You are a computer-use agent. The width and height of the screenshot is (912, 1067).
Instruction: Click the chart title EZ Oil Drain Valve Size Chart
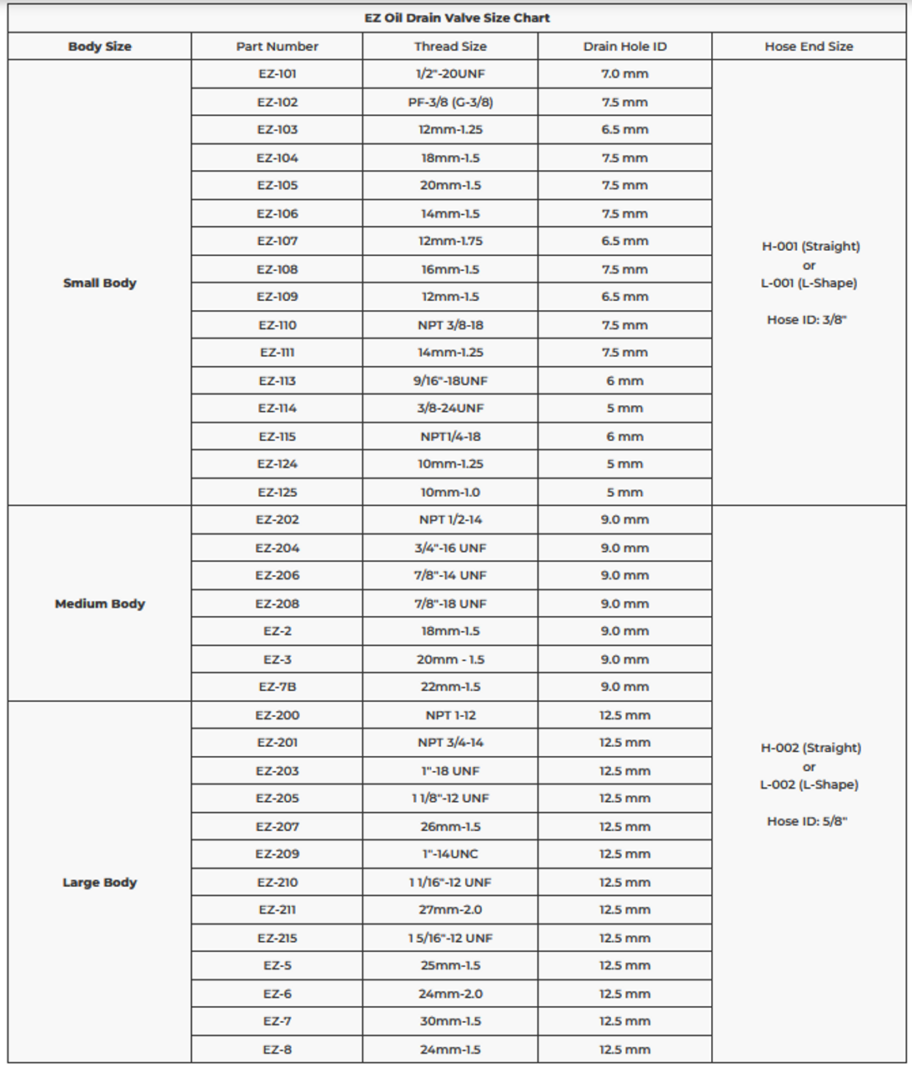457,18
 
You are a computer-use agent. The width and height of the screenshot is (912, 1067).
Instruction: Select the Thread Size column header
450,47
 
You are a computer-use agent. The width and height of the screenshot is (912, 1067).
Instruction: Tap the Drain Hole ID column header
624,47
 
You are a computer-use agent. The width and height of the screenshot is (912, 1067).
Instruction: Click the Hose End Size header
809,47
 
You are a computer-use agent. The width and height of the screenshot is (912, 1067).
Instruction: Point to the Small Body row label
99,283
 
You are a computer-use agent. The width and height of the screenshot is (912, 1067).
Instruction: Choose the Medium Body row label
99,604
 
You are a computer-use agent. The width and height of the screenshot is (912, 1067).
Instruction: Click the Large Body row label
99,882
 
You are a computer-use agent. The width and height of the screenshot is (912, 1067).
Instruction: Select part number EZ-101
277,74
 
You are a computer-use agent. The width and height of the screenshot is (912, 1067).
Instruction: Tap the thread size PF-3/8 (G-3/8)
450,103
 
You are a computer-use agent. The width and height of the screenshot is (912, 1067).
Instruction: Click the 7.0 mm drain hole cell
624,74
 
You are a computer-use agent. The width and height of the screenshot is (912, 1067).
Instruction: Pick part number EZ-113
277,381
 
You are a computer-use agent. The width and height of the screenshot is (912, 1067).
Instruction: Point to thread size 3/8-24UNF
450,408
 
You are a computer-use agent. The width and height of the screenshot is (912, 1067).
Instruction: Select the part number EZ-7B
277,687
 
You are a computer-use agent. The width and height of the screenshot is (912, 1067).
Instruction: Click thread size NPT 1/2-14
450,519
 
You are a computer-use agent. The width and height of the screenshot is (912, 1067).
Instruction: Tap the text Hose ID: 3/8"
807,320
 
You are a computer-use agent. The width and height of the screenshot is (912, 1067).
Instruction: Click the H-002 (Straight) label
810,748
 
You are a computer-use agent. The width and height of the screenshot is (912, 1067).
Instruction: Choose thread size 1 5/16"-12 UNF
450,938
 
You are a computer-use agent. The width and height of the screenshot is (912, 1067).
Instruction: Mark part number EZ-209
277,854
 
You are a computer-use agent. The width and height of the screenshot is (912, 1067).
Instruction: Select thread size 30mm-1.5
450,1021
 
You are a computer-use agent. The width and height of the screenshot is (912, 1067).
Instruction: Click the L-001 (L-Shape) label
809,283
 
